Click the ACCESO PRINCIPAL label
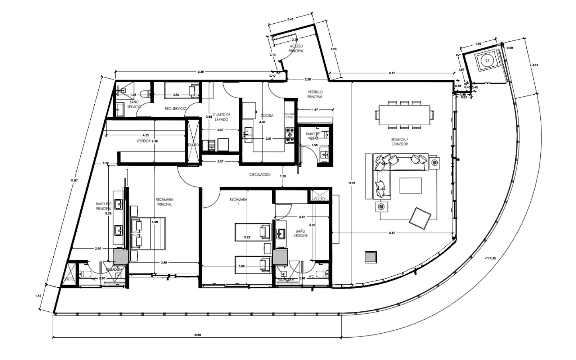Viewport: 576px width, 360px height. pos(296,49)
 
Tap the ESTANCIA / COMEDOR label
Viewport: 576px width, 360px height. pos(400,141)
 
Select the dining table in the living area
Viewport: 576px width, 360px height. pos(405,114)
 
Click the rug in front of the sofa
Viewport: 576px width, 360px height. pos(410,185)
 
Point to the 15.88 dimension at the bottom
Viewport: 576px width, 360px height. pos(197,335)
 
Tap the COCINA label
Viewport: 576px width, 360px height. pos(267,116)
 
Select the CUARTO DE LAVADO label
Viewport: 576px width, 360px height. pos(221,117)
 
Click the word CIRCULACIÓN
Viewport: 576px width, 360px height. pos(260,175)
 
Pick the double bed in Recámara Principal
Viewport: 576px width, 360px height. pos(148,233)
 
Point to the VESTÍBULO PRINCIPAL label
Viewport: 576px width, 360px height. pos(315,94)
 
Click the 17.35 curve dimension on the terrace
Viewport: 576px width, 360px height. pos(490,258)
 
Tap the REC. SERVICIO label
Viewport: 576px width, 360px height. pos(175,108)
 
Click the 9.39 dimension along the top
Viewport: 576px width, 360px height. pos(201,72)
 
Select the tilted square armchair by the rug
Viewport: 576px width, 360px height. pos(420,217)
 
